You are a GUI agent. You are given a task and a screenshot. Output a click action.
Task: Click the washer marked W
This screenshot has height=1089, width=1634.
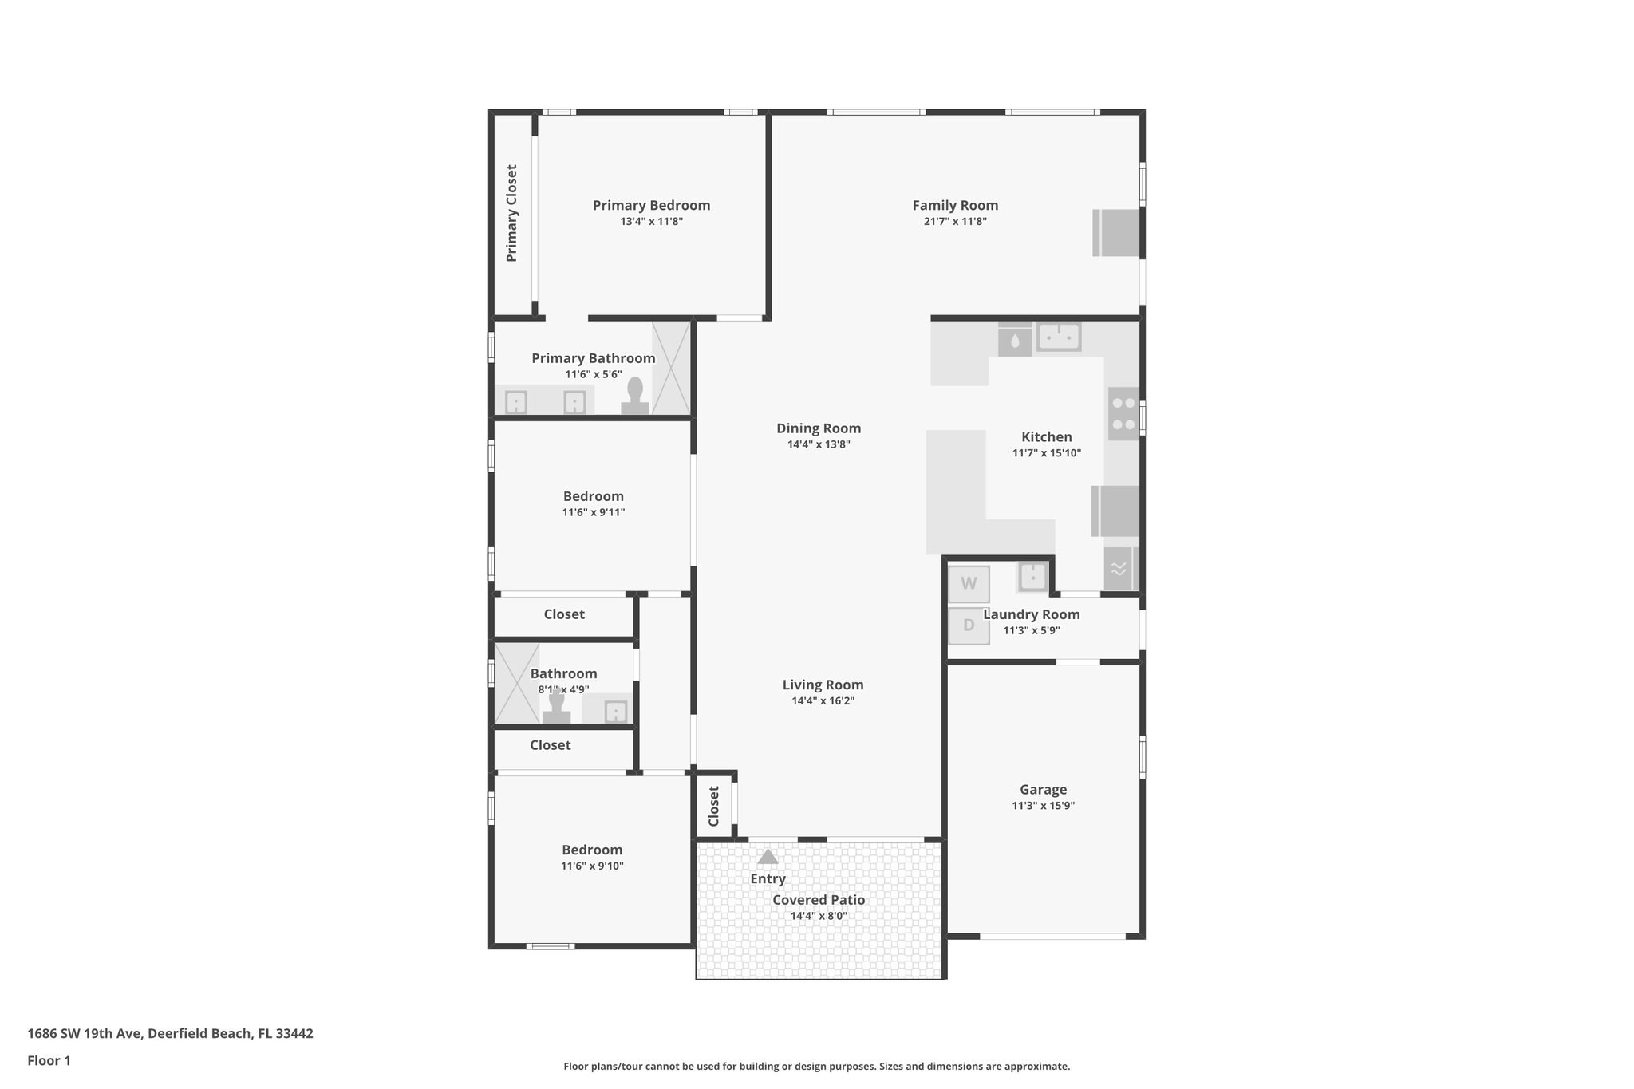[x=969, y=584]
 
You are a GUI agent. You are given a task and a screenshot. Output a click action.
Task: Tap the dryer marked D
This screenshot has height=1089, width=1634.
[x=969, y=625]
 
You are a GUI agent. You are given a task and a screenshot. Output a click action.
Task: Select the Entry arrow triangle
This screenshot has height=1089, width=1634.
[x=768, y=857]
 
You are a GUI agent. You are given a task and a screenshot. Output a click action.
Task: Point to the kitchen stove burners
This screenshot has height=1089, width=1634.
[x=1123, y=414]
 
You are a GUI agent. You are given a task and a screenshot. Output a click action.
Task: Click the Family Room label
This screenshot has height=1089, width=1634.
[x=955, y=205]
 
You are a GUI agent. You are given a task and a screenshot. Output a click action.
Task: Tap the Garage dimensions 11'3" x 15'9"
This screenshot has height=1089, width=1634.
[x=1043, y=806]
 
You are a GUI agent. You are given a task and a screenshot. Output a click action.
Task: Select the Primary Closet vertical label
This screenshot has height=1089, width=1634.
[x=511, y=213]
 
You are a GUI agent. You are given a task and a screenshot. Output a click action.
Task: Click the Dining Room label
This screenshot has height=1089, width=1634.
[x=819, y=428]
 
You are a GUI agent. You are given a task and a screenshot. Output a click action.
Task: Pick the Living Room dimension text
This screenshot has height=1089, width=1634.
[x=823, y=701]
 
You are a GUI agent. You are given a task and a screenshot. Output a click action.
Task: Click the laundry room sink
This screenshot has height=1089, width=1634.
[x=1032, y=576]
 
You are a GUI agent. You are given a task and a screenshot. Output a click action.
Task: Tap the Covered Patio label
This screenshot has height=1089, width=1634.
[x=819, y=900]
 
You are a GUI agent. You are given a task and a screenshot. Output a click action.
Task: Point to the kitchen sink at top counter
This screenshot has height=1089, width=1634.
[x=1059, y=337]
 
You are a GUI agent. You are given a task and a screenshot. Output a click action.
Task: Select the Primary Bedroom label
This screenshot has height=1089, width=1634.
[x=651, y=205]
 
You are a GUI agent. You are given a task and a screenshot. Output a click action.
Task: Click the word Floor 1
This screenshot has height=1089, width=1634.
[x=49, y=1061]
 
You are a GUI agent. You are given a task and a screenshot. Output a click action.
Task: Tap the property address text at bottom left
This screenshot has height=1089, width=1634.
[x=170, y=1034]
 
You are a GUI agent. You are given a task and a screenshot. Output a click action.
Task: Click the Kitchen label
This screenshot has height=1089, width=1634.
[x=1047, y=437]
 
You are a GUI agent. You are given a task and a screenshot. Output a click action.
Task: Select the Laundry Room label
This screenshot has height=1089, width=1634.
[x=1032, y=614]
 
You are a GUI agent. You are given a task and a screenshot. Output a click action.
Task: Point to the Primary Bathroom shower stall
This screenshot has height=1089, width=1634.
[x=671, y=368]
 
